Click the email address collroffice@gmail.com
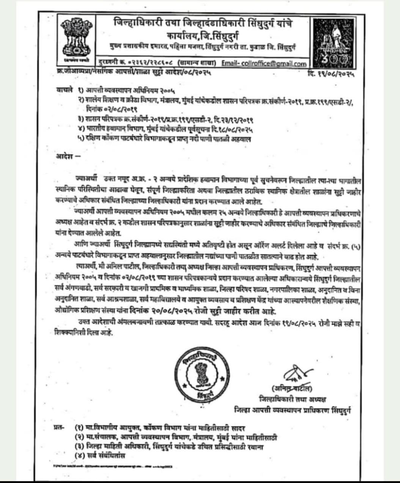264,63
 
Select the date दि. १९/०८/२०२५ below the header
331,75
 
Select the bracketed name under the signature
291,389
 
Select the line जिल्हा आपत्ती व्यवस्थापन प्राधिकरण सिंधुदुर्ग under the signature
293,409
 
